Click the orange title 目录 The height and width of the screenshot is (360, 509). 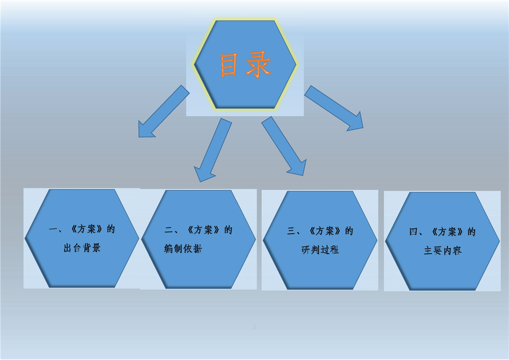pyautogui.click(x=245, y=64)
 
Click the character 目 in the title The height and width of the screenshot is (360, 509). pyautogui.click(x=228, y=64)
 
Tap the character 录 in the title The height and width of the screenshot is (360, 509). pyautogui.click(x=258, y=64)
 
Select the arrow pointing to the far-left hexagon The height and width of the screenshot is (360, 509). pyautogui.click(x=164, y=111)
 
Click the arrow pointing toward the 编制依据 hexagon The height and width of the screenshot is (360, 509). pyautogui.click(x=213, y=150)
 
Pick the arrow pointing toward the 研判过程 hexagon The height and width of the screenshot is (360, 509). pyautogui.click(x=284, y=146)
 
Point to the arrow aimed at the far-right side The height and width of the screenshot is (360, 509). pyautogui.click(x=334, y=108)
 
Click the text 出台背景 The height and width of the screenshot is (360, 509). pyautogui.click(x=82, y=248)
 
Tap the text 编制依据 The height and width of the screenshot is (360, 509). pyautogui.click(x=183, y=249)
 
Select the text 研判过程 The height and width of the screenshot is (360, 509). pyautogui.click(x=320, y=250)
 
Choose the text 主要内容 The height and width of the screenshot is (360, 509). pyautogui.click(x=442, y=251)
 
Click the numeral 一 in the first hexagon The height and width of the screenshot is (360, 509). pyautogui.click(x=53, y=229)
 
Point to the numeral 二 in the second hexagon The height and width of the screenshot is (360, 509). pyautogui.click(x=169, y=230)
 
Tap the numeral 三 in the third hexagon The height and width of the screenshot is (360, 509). pyautogui.click(x=291, y=231)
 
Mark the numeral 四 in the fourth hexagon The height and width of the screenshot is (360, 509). pyautogui.click(x=414, y=232)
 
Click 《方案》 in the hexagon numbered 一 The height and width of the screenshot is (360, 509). pyautogui.click(x=87, y=229)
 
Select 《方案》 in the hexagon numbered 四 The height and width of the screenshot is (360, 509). pyautogui.click(x=448, y=232)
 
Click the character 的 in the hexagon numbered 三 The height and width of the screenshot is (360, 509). pyautogui.click(x=349, y=231)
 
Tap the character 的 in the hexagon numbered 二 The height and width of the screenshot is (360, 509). pyautogui.click(x=229, y=230)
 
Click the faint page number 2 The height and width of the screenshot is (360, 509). pyautogui.click(x=254, y=327)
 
